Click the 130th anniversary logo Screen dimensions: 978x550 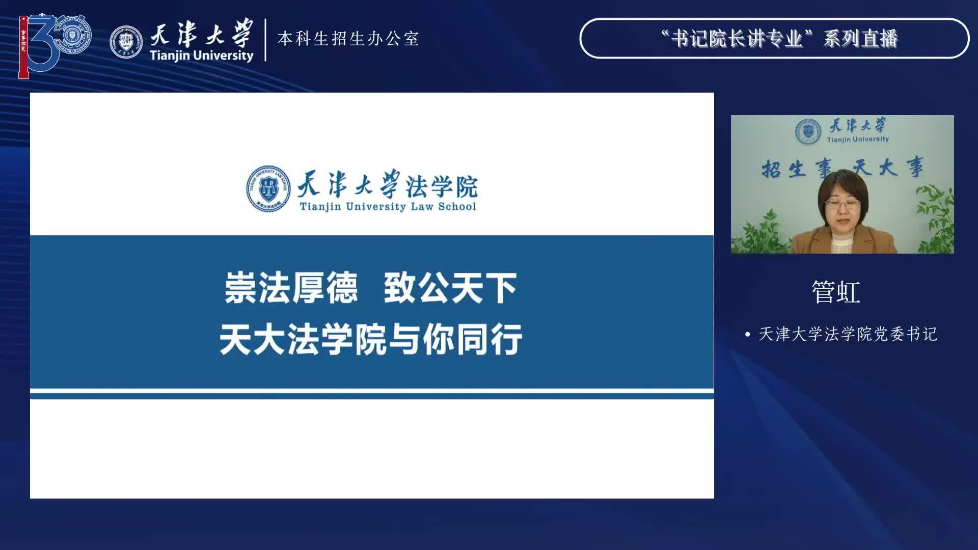(x=55, y=46)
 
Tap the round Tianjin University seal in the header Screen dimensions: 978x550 (x=126, y=42)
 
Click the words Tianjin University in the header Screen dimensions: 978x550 (x=202, y=56)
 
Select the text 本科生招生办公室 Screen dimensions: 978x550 (x=348, y=39)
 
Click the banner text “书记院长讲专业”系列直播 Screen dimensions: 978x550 (x=779, y=39)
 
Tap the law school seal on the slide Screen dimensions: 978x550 (x=268, y=188)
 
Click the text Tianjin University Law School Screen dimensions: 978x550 (x=388, y=206)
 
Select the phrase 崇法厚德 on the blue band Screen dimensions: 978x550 (x=291, y=288)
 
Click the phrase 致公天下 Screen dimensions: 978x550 (x=451, y=288)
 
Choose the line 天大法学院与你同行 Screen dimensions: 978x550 (x=371, y=339)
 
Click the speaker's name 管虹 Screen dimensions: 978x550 (x=836, y=292)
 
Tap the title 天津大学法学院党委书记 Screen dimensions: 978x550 (x=848, y=334)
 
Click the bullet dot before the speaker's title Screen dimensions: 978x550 (x=748, y=335)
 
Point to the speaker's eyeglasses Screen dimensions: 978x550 (x=843, y=205)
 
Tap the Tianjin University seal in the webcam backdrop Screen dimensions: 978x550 (x=808, y=131)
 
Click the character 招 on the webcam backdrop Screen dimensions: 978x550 (x=772, y=169)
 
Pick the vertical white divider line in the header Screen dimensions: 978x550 (x=265, y=40)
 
